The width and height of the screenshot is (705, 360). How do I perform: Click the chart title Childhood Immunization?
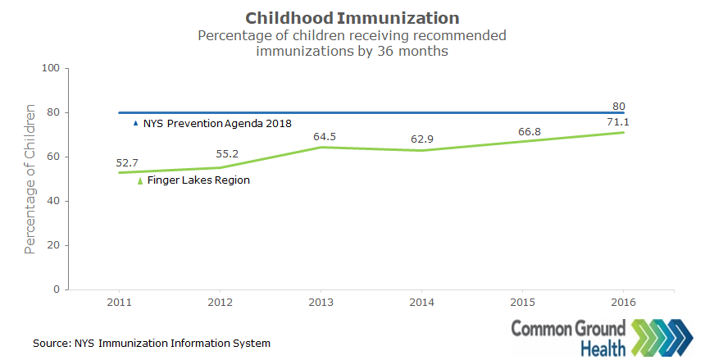352,17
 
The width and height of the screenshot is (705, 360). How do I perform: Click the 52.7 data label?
126,163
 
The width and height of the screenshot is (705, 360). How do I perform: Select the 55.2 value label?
227,153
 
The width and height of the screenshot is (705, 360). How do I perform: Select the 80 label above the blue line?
620,106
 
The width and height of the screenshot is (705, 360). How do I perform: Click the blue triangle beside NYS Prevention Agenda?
136,123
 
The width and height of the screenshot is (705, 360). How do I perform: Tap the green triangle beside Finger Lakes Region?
140,180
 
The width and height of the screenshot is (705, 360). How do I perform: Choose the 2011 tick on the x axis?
120,301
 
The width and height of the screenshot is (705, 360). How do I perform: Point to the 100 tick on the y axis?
52,68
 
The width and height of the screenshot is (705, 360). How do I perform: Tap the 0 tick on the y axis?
57,289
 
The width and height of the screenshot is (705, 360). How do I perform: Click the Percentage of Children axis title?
30,179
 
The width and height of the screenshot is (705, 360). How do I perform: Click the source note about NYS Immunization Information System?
152,343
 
